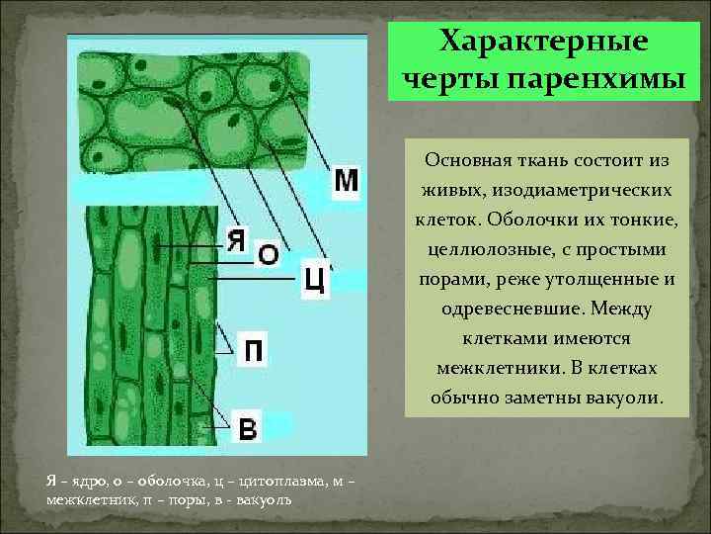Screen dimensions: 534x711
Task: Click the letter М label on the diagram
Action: click(x=346, y=181)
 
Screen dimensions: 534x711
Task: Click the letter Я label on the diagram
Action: click(x=236, y=239)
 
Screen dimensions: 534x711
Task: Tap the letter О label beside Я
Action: click(x=268, y=254)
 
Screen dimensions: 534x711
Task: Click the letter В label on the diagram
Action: click(x=249, y=428)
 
